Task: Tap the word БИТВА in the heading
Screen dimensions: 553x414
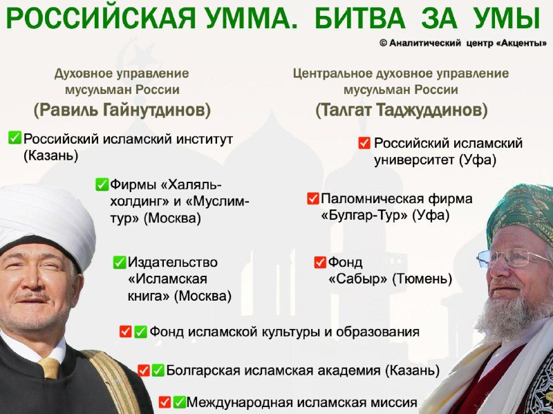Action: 360,19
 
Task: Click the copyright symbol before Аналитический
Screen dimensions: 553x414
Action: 384,44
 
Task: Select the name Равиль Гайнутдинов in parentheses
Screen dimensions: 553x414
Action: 122,111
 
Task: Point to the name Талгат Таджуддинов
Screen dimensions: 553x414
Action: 402,111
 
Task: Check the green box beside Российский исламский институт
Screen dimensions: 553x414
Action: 15,138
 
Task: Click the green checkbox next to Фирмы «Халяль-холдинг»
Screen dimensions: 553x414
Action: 102,185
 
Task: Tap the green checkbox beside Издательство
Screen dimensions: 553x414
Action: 120,263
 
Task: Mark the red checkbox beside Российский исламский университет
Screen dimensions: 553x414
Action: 364,143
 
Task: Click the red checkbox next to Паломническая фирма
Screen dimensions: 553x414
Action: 313,198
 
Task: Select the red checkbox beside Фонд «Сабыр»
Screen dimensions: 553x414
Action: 320,262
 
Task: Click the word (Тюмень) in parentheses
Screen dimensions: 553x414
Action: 422,279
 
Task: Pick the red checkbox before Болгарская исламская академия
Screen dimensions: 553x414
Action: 144,370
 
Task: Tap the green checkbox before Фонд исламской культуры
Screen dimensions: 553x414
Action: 140,332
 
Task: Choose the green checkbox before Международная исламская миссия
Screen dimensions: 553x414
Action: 179,402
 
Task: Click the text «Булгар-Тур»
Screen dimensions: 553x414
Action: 364,215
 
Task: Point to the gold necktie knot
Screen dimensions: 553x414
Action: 49,368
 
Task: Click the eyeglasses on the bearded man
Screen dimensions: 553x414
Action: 513,257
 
